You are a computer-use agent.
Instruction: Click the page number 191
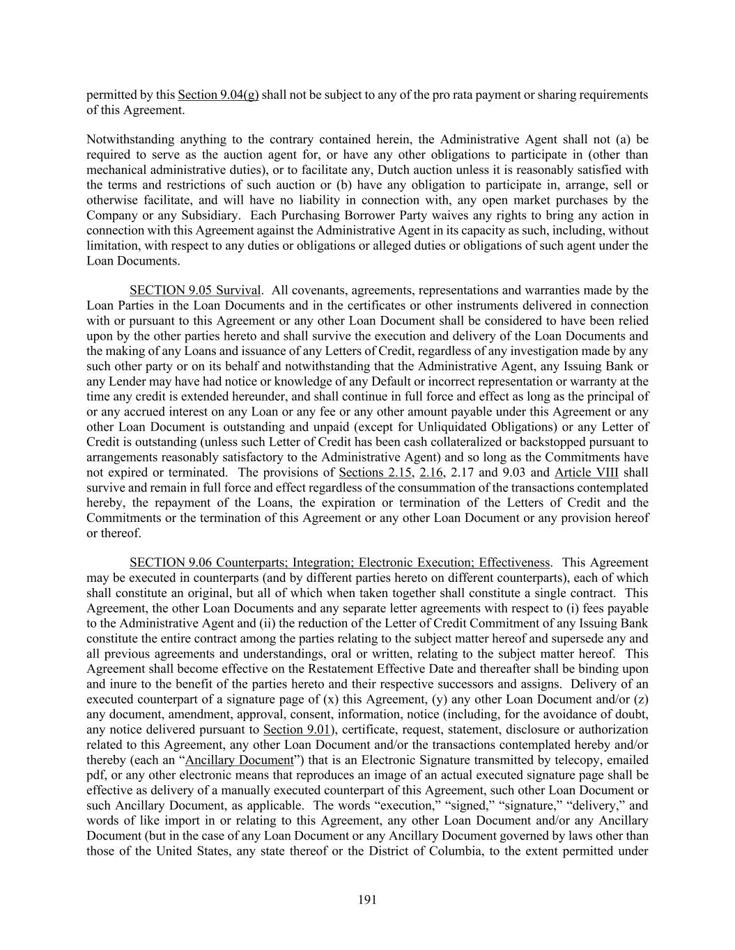pyautogui.click(x=367, y=900)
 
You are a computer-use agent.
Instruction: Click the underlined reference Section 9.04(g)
pyautogui.click(x=218, y=95)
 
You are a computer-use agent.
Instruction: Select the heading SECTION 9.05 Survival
pyautogui.click(x=195, y=290)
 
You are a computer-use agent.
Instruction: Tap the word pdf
pyautogui.click(x=95, y=775)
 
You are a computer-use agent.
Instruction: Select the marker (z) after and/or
pyautogui.click(x=641, y=699)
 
